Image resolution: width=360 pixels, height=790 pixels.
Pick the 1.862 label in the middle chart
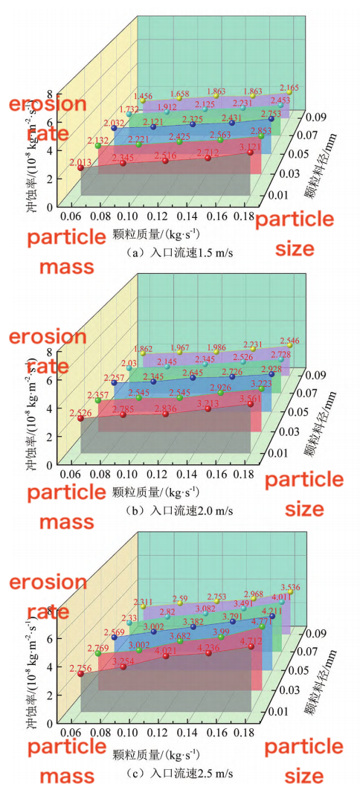coord(143,349)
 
